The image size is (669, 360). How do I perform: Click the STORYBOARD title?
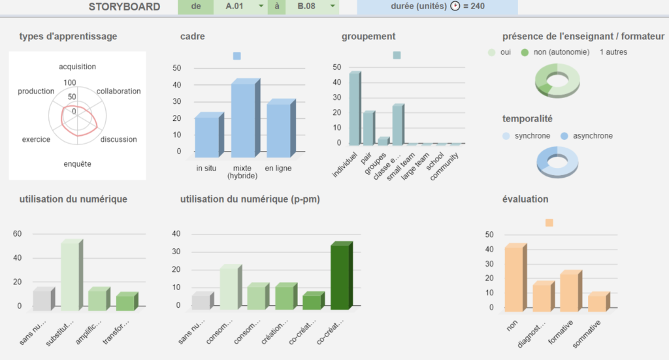(124, 7)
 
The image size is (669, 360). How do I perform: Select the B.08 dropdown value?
(304, 7)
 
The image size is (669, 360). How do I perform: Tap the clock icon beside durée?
(455, 7)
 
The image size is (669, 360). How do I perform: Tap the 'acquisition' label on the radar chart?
(77, 67)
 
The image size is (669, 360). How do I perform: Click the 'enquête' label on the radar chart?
(77, 163)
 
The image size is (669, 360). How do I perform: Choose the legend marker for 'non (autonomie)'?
(525, 52)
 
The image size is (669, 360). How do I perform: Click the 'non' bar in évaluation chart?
(514, 279)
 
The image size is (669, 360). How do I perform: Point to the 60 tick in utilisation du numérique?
(18, 234)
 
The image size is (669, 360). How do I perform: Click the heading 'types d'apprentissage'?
(69, 37)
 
